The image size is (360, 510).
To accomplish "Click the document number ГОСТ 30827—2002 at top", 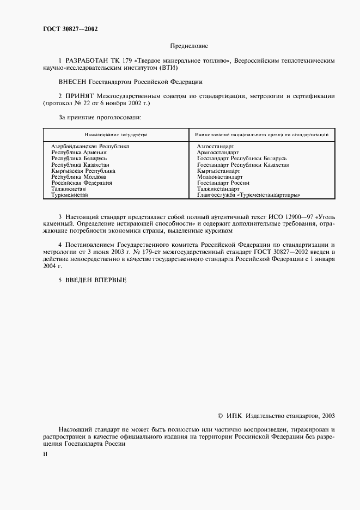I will pos(66,29).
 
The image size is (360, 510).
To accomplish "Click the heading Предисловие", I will pos(189,47).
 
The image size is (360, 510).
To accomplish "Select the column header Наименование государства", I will pos(115,134).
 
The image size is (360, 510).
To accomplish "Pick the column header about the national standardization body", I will pos(261,134).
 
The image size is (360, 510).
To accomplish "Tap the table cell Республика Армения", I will pos(78,153).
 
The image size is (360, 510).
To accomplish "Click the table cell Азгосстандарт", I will pos(215,147).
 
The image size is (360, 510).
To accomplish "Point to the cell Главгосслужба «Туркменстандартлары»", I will pos(249,195).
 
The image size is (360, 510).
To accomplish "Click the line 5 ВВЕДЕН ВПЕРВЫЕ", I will pos(92,280).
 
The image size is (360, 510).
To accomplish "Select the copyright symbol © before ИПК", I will pos(220,415).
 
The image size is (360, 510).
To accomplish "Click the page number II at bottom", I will pos(45,453).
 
